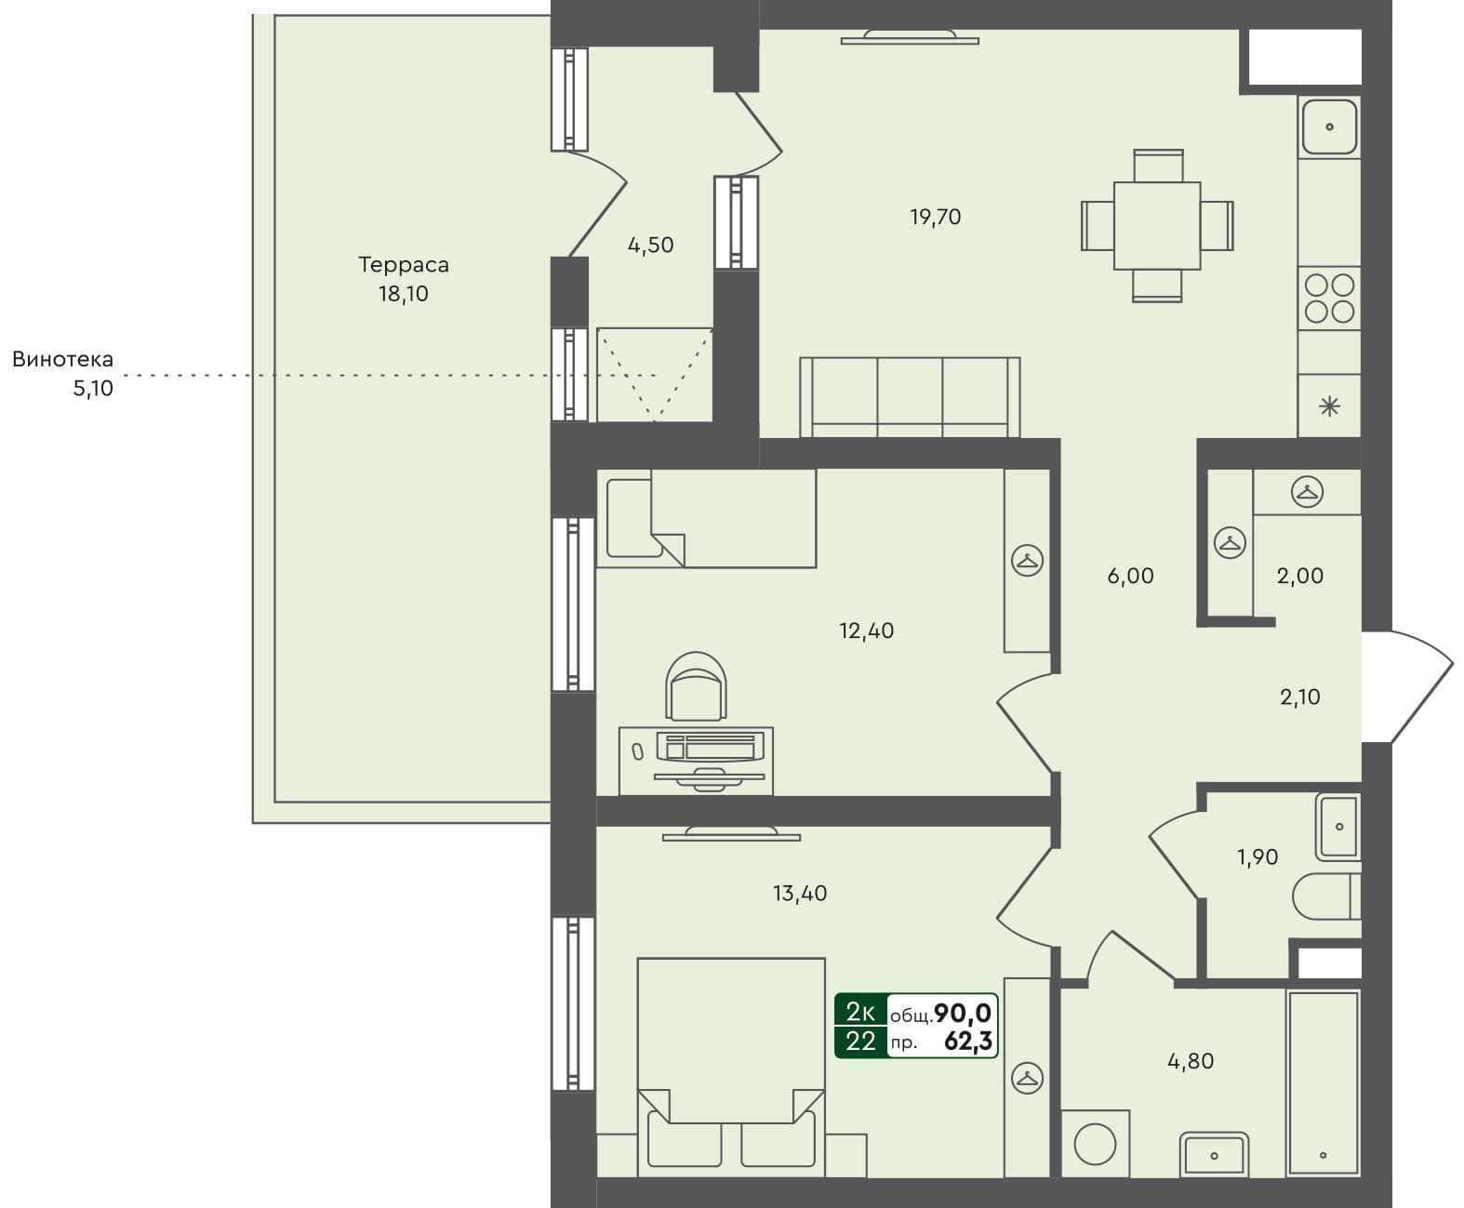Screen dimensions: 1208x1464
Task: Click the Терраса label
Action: tap(404, 265)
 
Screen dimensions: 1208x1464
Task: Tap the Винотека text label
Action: tap(62, 359)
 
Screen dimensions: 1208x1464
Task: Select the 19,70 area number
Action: tap(935, 217)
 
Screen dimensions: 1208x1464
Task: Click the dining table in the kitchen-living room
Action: tap(1157, 226)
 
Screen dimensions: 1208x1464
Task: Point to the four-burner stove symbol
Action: tap(1329, 298)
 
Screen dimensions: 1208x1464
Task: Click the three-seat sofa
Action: tap(910, 397)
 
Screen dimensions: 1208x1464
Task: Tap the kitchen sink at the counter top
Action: tap(1329, 126)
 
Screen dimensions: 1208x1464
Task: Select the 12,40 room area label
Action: tap(866, 631)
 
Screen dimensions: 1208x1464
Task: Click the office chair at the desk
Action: tap(696, 686)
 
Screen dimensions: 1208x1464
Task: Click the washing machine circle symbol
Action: tap(1095, 1144)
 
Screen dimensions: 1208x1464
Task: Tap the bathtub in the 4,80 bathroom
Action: tap(1323, 1083)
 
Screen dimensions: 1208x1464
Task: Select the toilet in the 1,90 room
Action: tap(1325, 896)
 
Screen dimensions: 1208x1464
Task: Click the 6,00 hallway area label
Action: tap(1130, 576)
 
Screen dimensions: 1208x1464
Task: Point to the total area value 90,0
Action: tap(962, 1013)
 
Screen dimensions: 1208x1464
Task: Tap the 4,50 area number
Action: tap(650, 246)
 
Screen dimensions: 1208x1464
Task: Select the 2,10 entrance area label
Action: tap(1299, 697)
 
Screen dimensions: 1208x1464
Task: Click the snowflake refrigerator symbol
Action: tap(1329, 405)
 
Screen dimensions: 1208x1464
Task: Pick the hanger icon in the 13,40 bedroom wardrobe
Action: tap(1027, 1079)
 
